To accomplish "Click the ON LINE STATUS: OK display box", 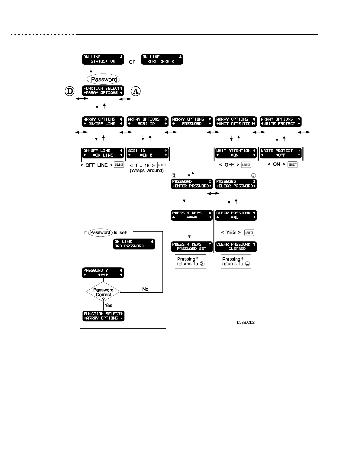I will point(103,59).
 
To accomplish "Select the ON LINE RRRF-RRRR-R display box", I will point(162,59).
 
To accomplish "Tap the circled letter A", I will point(136,91).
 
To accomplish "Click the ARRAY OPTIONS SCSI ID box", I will point(147,122).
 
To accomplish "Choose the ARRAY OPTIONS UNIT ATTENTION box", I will point(236,122).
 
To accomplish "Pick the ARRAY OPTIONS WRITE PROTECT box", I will point(281,122).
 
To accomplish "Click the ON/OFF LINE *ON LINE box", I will point(103,153).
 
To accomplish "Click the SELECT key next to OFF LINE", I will point(119,165).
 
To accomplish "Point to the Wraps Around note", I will point(147,170).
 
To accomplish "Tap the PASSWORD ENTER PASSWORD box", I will point(191,184).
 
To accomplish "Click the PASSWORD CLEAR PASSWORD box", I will point(236,184).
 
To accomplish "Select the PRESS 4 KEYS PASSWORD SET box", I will point(191,247).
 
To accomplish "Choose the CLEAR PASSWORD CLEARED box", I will point(236,247).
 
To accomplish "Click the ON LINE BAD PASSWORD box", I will point(134,244).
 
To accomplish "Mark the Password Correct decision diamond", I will point(103,292).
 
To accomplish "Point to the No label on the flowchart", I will point(145,289).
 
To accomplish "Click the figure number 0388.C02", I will point(246,323).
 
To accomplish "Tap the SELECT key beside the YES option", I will point(249,232).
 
